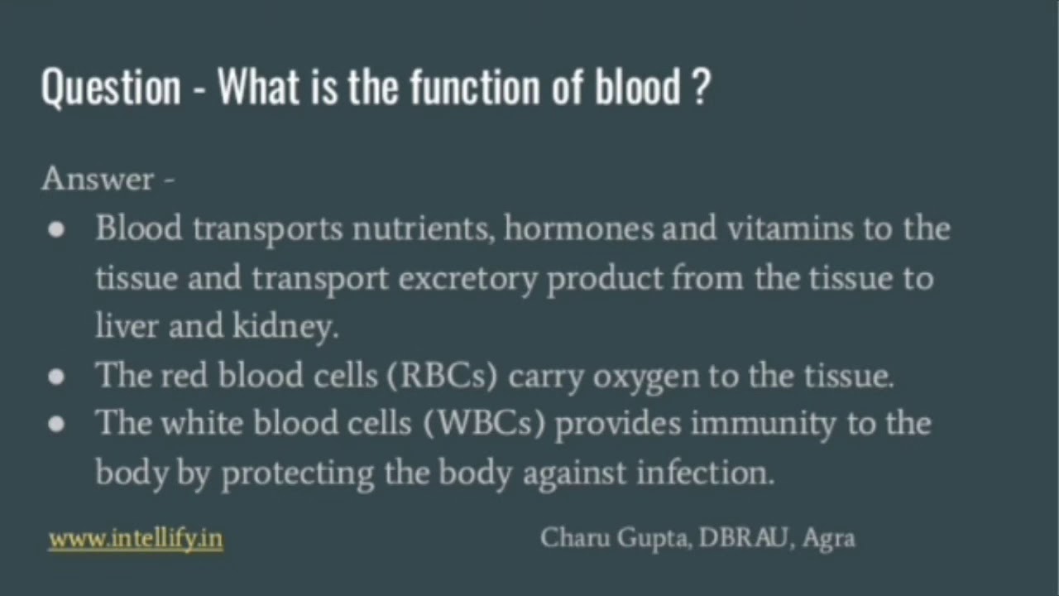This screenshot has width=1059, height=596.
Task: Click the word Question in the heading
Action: point(110,87)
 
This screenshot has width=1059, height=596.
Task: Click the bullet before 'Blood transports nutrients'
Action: point(56,230)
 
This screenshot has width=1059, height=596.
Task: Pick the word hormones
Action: point(578,228)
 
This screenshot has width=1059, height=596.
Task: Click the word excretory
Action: point(468,279)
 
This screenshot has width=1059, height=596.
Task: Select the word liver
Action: point(127,327)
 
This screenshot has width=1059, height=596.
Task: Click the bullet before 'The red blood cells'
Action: point(56,377)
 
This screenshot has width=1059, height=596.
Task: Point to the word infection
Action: point(705,473)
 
